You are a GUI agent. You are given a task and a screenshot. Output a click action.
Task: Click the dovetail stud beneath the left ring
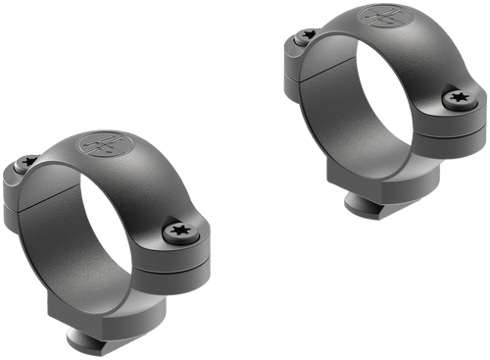(x=92, y=338)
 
